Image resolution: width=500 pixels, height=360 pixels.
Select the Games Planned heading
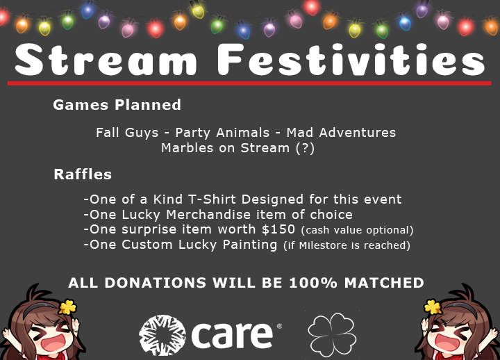pyautogui.click(x=117, y=105)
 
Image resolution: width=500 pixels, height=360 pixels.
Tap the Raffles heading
pyautogui.click(x=83, y=174)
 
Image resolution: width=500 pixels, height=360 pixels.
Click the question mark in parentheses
pyautogui.click(x=304, y=147)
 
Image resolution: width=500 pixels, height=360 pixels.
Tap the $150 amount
pyautogui.click(x=278, y=229)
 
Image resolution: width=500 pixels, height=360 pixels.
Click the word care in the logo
pyautogui.click(x=232, y=334)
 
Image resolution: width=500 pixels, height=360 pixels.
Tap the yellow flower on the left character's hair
pyautogui.click(x=67, y=306)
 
